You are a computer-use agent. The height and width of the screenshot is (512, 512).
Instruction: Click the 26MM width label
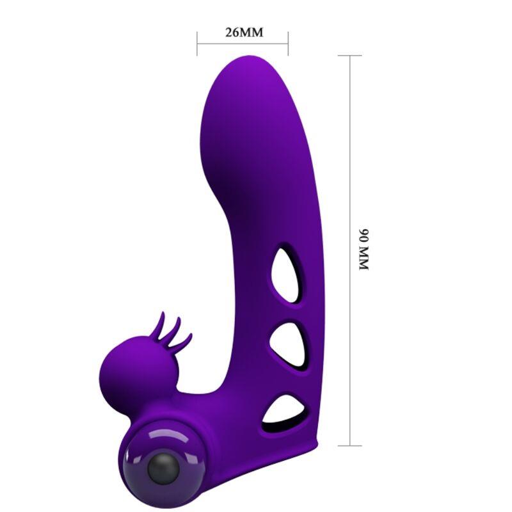point(243,33)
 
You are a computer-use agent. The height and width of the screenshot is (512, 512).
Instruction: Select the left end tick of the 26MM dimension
point(197,43)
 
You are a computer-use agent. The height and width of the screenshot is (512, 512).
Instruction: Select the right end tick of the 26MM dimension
point(288,43)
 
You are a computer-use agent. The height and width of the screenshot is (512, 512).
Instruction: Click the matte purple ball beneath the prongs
point(125,370)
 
